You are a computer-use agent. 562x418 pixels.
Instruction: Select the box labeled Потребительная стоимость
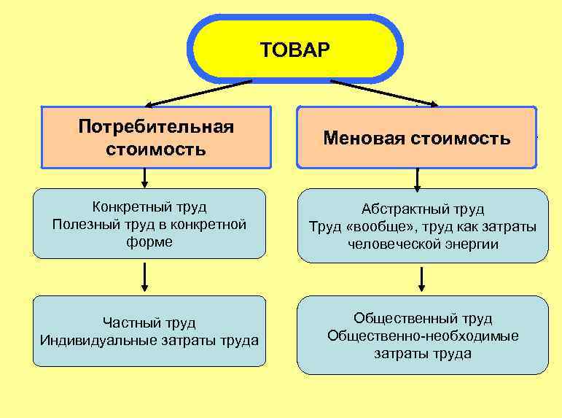coord(156,138)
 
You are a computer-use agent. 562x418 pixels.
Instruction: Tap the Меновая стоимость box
coord(416,138)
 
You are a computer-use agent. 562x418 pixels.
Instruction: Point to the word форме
coord(149,241)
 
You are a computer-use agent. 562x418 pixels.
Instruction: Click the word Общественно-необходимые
coord(423,336)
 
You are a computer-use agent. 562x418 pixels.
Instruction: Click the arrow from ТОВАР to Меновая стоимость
coord(383,93)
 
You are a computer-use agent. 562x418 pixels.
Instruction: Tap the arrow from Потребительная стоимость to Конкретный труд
coord(144,177)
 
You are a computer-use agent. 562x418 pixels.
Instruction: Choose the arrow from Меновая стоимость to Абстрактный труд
coord(418,179)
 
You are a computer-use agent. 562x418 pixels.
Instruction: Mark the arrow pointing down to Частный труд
coord(145,277)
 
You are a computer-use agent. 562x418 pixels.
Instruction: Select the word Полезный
coord(82,225)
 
